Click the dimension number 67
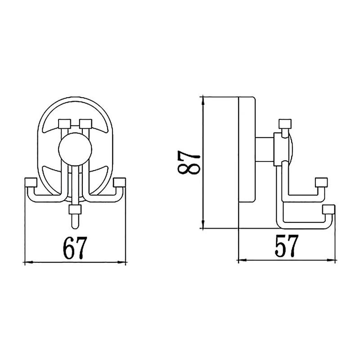point(75,248)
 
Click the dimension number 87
point(189,163)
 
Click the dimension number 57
point(287,246)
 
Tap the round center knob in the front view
point(75,149)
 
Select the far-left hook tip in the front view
point(31,182)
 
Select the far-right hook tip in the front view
point(119,182)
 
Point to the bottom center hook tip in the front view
point(75,209)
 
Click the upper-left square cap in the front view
point(64,123)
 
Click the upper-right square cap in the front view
point(85,123)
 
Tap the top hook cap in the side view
point(285,124)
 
